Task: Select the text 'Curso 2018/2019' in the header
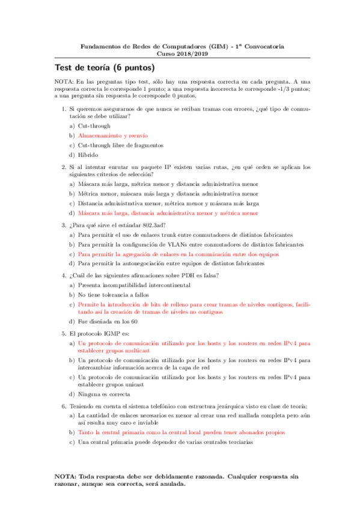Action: point(178,53)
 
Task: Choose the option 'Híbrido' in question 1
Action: point(88,155)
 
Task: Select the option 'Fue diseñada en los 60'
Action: point(108,322)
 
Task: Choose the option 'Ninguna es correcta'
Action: point(104,395)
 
